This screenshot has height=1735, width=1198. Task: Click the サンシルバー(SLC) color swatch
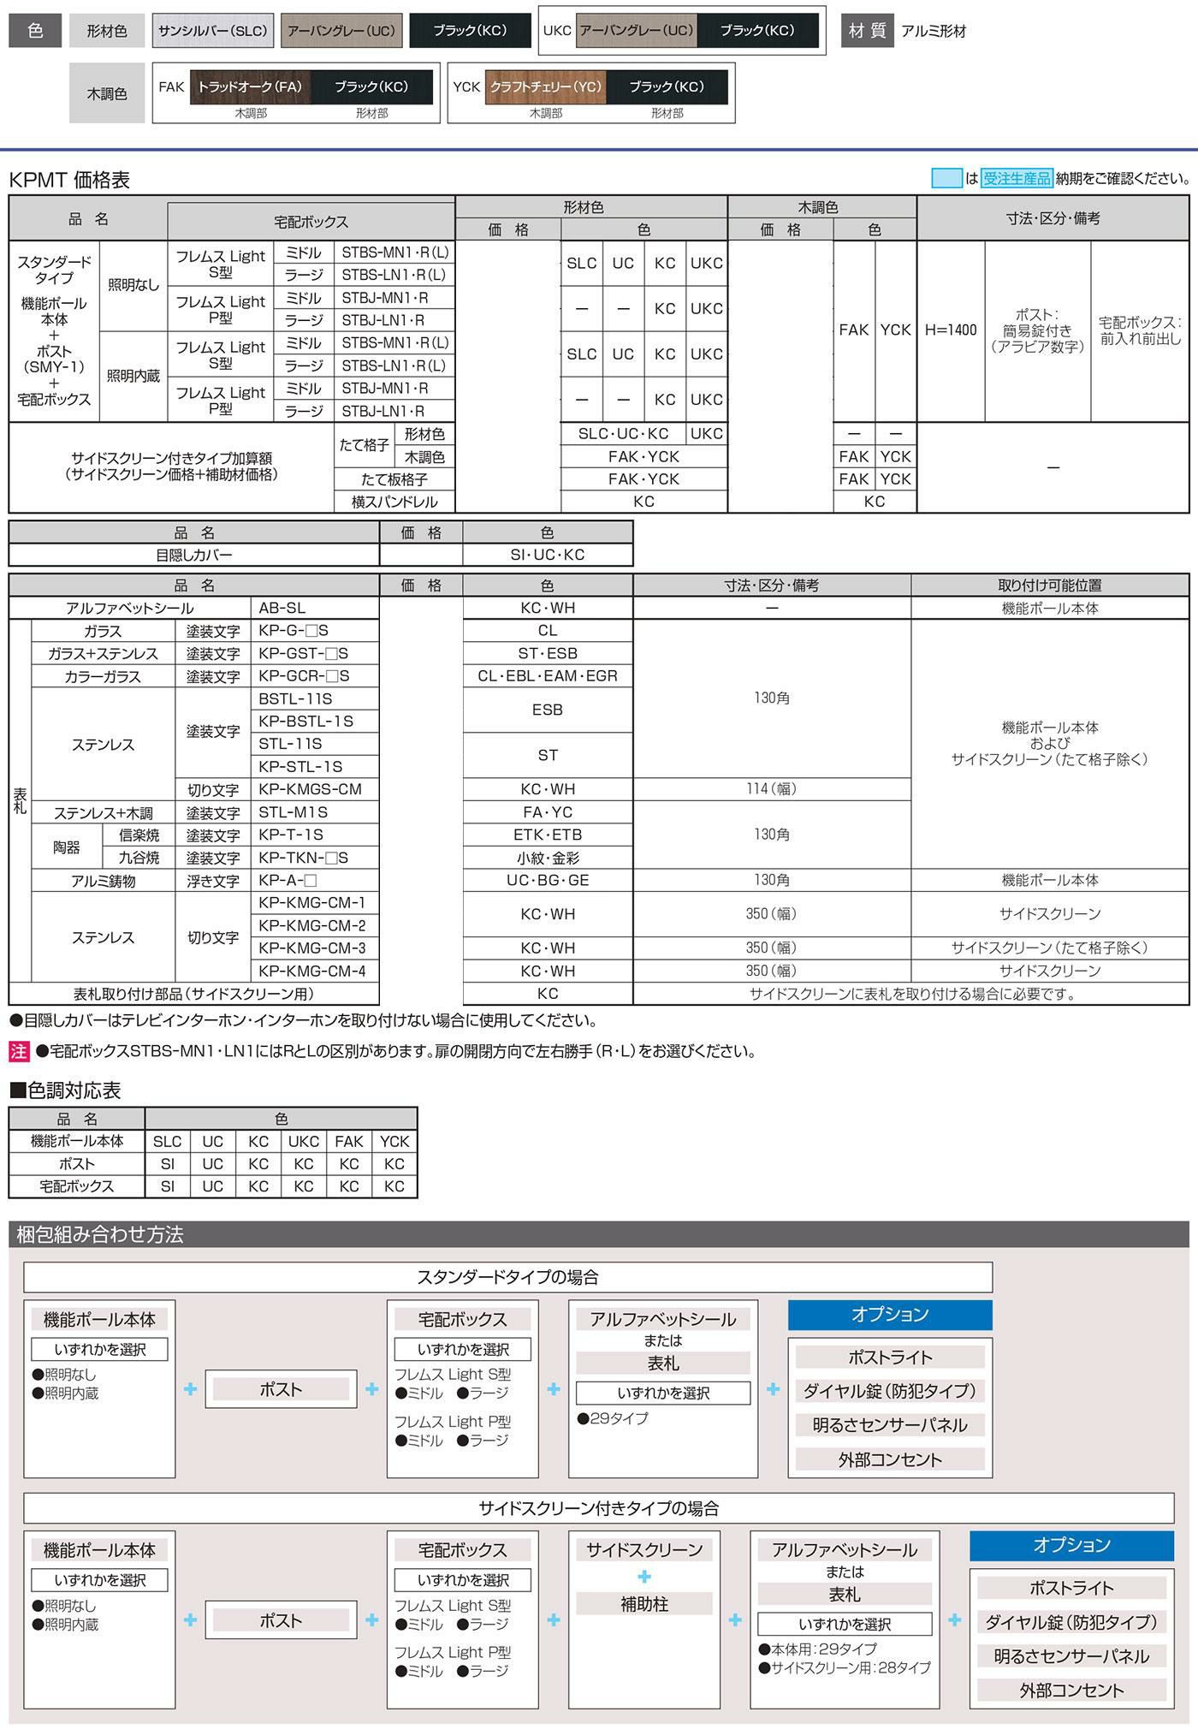click(x=212, y=31)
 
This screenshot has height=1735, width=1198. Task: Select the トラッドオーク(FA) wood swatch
click(x=250, y=86)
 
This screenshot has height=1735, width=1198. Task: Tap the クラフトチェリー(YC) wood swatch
click(x=545, y=86)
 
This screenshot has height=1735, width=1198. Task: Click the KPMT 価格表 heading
click(x=69, y=180)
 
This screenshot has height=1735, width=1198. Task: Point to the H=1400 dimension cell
click(x=951, y=330)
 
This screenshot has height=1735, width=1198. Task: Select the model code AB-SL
click(x=282, y=608)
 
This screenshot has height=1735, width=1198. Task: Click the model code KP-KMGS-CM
click(x=310, y=789)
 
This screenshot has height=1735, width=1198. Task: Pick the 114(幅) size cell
click(x=771, y=789)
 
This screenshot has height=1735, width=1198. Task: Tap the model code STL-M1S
click(x=293, y=812)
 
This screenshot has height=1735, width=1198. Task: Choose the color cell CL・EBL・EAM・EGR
click(x=548, y=676)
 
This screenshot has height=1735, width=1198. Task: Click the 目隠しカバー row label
click(x=194, y=555)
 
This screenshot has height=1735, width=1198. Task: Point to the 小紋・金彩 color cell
click(x=548, y=858)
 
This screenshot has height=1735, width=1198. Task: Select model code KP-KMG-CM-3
click(x=311, y=948)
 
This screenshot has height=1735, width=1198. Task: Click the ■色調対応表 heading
click(x=65, y=1090)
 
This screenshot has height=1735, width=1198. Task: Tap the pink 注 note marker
click(x=19, y=1051)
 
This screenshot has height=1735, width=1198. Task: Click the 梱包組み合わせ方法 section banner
click(x=100, y=1234)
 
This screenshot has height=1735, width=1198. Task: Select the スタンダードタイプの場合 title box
click(x=507, y=1277)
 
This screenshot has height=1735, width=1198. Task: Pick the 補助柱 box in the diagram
click(x=643, y=1603)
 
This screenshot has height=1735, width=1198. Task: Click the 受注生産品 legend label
click(x=1017, y=178)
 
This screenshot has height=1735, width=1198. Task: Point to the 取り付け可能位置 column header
click(x=1049, y=585)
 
